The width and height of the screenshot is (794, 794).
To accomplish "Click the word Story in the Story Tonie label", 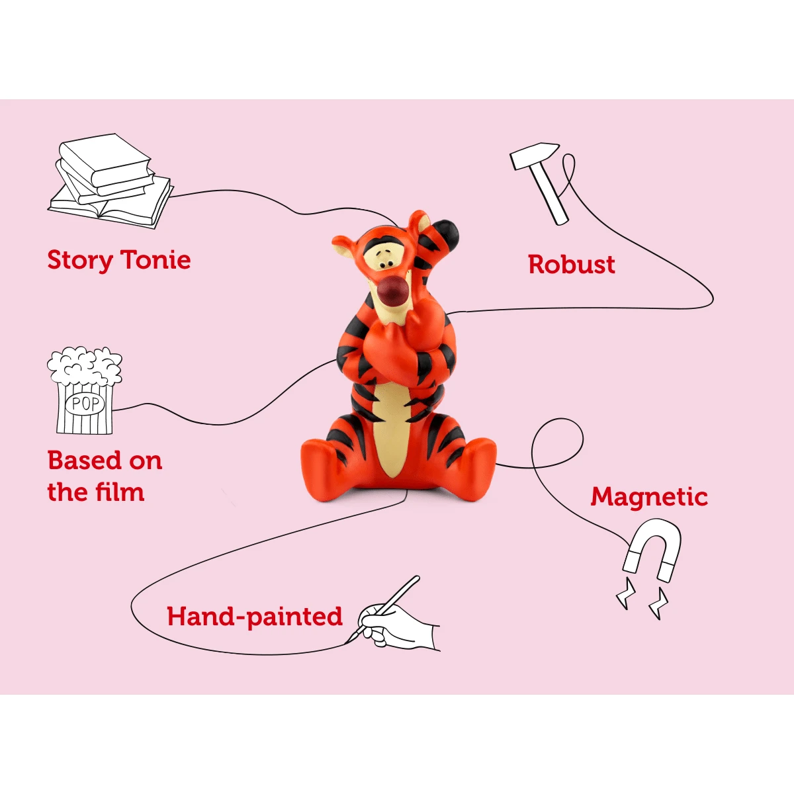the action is coord(80,261).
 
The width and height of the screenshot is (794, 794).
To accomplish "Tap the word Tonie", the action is coord(156,259).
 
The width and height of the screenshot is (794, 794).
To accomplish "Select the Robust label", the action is coord(572,264).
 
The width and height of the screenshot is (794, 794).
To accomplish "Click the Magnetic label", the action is coord(649,498).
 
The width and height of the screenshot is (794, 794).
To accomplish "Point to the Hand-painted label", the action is coord(255,617).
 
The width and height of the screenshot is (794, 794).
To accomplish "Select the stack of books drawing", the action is coord(110,181).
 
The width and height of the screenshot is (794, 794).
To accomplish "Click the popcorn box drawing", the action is coord(85,390).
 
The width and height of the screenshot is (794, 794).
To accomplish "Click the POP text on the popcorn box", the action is coord(85,404).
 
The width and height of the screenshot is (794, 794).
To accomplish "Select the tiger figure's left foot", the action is coord(474,470).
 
